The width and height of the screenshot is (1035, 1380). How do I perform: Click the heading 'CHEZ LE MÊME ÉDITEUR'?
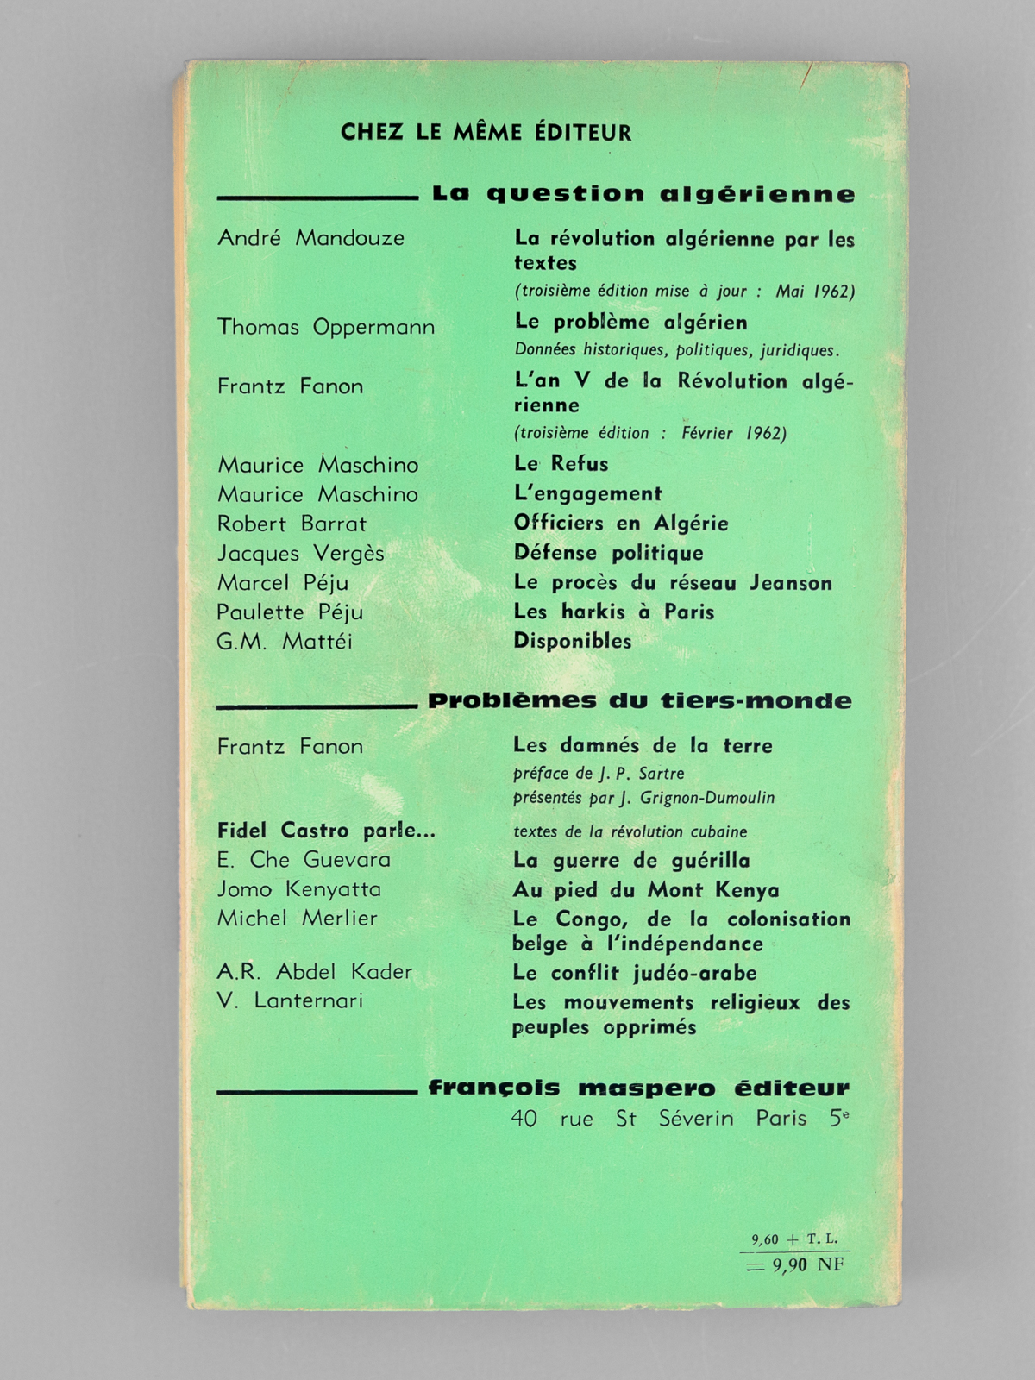click(x=486, y=132)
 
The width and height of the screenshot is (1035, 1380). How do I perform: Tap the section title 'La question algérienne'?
click(x=643, y=194)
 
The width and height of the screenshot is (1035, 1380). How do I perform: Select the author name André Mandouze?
click(x=310, y=238)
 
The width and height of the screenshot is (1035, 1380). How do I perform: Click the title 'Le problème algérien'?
click(x=630, y=323)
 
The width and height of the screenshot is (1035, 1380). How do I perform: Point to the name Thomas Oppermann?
click(x=325, y=327)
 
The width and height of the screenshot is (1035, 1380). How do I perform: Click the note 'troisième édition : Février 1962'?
click(x=650, y=433)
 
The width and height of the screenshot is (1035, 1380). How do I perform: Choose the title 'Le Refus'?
click(x=561, y=464)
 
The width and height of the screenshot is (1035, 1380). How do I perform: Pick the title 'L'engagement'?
click(x=588, y=493)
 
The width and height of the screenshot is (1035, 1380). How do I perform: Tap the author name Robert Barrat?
click(x=292, y=524)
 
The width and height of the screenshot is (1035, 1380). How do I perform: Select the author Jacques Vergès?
click(x=300, y=553)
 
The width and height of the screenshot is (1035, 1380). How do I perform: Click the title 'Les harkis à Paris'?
click(x=614, y=612)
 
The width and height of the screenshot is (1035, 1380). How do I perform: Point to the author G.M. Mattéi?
click(x=285, y=642)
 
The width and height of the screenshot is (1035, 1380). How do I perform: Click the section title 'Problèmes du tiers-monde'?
click(x=639, y=701)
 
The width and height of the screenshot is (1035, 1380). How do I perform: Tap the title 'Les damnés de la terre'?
click(x=643, y=745)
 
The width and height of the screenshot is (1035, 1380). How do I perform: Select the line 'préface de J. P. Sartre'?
click(x=599, y=774)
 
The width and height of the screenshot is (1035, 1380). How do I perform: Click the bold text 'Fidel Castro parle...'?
click(x=326, y=831)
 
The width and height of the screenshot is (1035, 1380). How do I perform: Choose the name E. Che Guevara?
click(x=304, y=860)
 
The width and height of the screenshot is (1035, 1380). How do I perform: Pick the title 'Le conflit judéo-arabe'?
click(x=634, y=973)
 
